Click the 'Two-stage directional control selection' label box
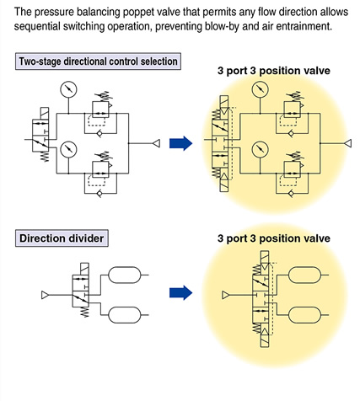tap(98, 61)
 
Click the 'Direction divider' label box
tap(62, 238)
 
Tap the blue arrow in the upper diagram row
tap(180, 143)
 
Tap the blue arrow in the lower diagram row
tap(180, 293)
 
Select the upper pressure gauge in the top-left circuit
tap(68, 89)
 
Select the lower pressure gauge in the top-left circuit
tap(68, 149)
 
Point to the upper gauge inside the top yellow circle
tap(261, 89)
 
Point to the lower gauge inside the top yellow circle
tap(261, 149)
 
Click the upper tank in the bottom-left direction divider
tap(125, 275)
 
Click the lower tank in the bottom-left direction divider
tap(125, 315)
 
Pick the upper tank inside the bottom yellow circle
tap(305, 275)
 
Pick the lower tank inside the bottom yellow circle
tap(305, 315)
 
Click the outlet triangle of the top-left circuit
tap(157, 143)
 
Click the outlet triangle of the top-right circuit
tap(348, 143)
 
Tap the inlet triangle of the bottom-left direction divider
tap(45, 295)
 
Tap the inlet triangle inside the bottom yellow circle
tap(225, 295)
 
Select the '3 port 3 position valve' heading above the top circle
tap(274, 71)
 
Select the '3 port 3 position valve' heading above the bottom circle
tap(274, 238)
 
